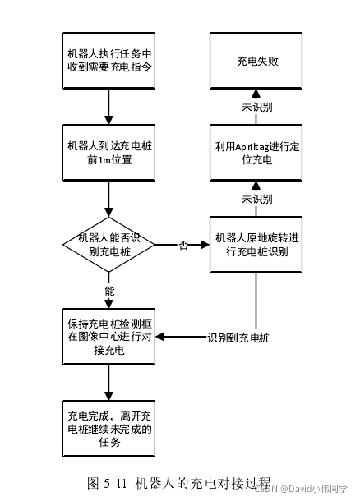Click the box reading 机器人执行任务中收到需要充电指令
point(108,61)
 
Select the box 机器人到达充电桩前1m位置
point(108,153)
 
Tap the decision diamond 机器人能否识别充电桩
point(108,244)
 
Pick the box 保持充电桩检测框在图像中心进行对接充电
point(108,337)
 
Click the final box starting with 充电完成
point(108,428)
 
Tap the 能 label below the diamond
point(109,291)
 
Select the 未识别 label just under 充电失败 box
point(256,107)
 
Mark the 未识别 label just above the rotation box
point(256,199)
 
